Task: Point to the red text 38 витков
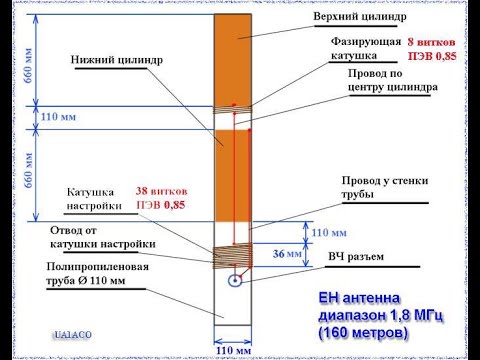click(x=159, y=189)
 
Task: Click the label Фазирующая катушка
click(x=361, y=49)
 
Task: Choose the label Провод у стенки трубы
click(x=379, y=187)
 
